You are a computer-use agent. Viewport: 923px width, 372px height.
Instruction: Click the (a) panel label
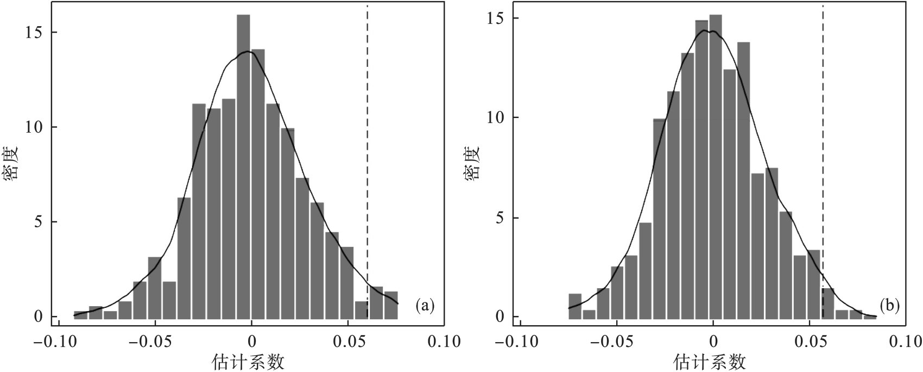[425, 306]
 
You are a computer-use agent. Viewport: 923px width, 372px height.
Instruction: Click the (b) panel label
[889, 306]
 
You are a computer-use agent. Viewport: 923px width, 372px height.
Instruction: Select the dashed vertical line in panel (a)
[368, 163]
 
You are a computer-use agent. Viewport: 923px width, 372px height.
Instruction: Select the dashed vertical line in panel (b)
[823, 163]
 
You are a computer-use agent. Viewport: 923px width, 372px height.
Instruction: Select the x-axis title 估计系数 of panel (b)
[710, 362]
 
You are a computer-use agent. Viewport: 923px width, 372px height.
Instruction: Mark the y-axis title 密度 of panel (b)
[473, 163]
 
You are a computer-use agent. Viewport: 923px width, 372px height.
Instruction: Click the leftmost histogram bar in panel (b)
[575, 306]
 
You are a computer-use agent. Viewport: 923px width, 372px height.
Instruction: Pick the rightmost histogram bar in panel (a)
[391, 305]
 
